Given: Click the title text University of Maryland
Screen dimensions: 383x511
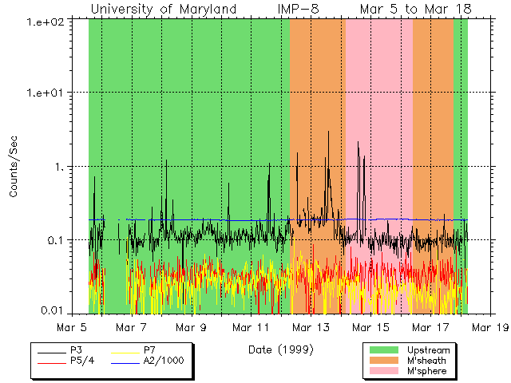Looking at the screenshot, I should tap(164, 9).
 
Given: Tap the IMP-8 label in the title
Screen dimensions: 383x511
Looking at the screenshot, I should tap(300, 9).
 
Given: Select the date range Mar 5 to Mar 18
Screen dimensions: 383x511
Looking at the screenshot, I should tap(415, 9).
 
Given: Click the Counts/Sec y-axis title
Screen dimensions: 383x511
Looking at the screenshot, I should tap(14, 166).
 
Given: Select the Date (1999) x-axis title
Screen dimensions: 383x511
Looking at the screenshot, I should tap(280, 349).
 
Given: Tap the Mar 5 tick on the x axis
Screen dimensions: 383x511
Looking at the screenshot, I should tap(72, 327).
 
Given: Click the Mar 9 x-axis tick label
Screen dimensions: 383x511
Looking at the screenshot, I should tap(192, 327).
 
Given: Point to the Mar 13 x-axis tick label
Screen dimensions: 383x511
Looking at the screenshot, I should tap(312, 327).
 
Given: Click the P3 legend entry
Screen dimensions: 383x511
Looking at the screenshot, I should tap(77, 350).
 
